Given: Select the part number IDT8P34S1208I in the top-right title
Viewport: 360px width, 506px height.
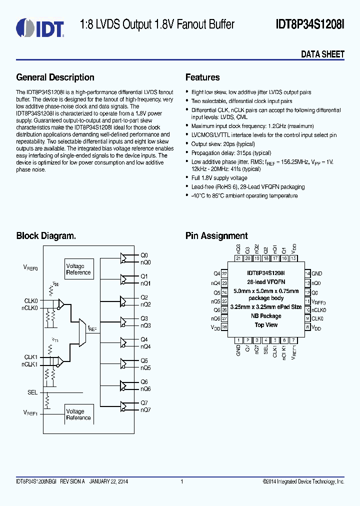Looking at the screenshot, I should [310, 24].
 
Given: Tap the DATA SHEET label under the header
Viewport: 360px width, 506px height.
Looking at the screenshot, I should [322, 54].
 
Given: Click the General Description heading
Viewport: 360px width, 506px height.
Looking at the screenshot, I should [55, 77].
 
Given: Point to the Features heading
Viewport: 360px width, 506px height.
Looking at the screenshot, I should [202, 77].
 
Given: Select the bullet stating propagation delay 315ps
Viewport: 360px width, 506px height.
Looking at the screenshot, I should [231, 152].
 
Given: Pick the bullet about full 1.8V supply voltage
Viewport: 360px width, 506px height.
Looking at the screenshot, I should [219, 178].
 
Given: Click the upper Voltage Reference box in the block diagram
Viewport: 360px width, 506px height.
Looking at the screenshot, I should [78, 269].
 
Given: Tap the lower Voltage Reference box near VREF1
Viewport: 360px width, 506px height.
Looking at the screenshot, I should [78, 414].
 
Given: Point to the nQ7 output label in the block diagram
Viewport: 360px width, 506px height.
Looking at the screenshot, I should [145, 409].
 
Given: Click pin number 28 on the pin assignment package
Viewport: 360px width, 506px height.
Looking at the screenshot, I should [224, 327].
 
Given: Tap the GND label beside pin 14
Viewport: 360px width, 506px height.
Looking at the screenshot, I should [317, 273].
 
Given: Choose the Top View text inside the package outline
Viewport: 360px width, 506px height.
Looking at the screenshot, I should [266, 325].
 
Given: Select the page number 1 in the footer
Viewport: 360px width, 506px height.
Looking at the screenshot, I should [181, 481].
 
